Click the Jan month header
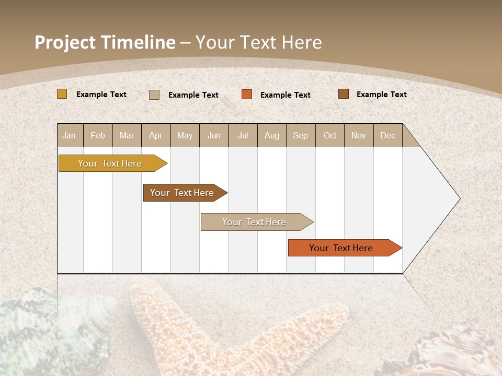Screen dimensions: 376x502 coord(69,135)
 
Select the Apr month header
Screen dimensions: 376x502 coord(156,135)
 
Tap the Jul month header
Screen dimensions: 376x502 coord(243,135)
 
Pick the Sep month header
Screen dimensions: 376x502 coord(300,135)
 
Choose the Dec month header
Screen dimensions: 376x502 coord(387,135)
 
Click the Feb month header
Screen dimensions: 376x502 coord(98,135)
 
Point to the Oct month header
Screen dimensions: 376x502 coord(330,135)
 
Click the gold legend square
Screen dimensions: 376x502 coord(62,94)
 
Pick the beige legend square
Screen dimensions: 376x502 coord(154,95)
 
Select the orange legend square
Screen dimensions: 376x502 coord(247,95)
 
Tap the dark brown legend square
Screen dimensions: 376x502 coord(343,94)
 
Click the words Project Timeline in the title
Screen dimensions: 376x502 coord(105,42)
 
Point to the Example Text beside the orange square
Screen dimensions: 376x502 coord(285,95)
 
